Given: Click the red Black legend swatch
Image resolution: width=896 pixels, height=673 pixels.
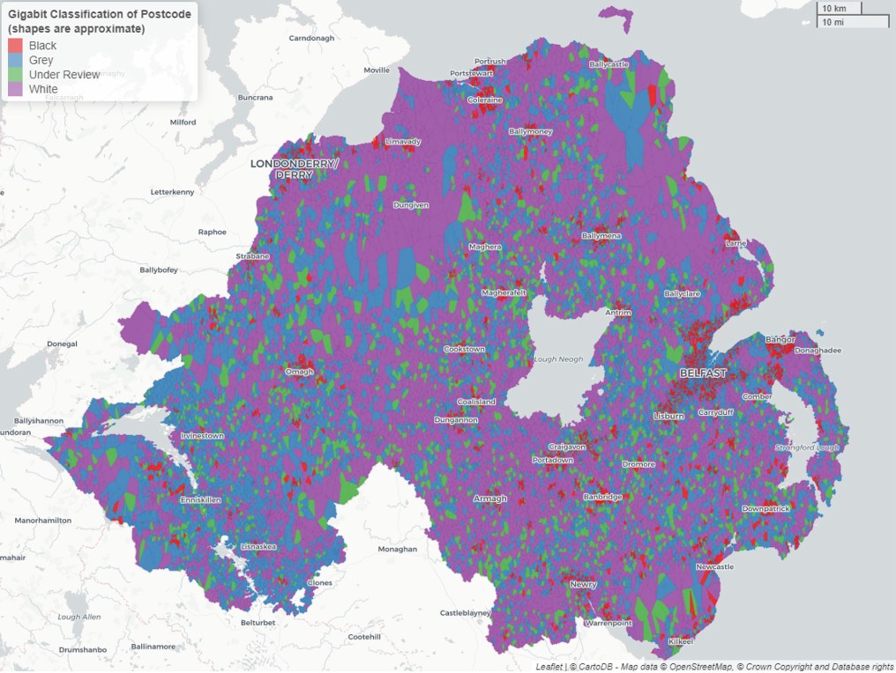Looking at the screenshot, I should coord(15,45).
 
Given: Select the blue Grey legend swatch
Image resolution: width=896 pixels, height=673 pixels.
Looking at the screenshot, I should coord(15,60).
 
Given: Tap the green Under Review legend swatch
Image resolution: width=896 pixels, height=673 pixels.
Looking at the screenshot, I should coord(15,75).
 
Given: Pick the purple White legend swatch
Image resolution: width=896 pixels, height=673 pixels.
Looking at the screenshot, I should coord(15,89).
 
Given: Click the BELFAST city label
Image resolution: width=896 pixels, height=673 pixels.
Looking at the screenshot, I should coord(703,373).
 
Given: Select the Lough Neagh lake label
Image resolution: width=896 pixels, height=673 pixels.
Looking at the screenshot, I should coord(559,360).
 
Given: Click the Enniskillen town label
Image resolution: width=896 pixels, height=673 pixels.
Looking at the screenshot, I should coord(200,499).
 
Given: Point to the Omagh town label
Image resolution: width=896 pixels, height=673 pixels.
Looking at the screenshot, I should coord(299,372).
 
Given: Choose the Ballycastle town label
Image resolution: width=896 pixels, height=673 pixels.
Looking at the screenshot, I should coord(609,64).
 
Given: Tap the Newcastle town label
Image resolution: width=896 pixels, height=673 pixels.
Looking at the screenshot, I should coord(714,566).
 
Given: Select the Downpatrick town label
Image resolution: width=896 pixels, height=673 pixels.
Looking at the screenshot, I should coord(765,508).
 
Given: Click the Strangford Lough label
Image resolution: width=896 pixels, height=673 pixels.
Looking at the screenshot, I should coord(806,447).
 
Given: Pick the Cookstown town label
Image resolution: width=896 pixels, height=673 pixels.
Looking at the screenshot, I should coord(464,349).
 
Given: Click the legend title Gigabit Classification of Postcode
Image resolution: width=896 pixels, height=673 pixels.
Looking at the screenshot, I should coord(100,15).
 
